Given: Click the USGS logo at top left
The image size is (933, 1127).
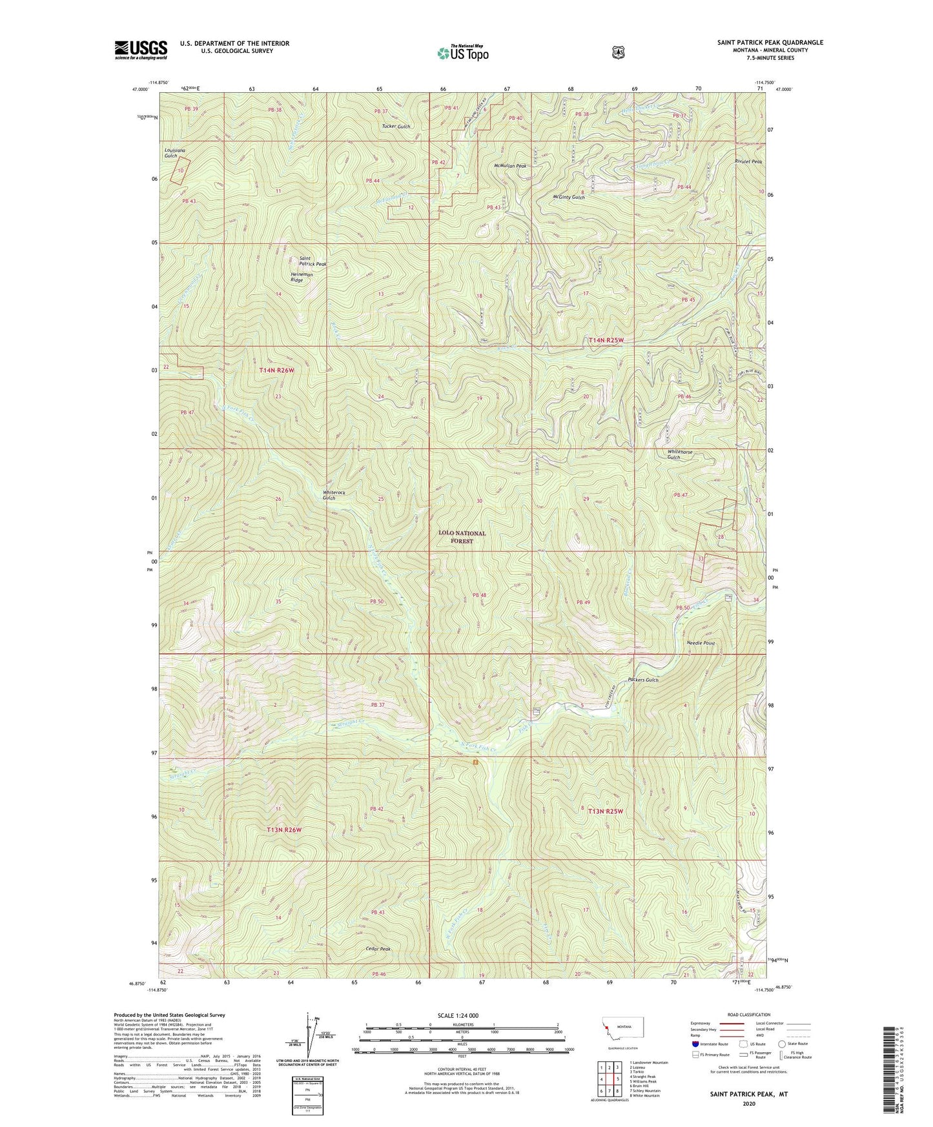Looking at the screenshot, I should (x=141, y=50).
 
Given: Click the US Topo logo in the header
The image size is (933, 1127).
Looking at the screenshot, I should (x=462, y=52).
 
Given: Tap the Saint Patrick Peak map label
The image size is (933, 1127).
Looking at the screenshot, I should (x=313, y=261).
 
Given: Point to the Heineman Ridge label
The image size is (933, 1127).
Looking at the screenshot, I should (x=302, y=278).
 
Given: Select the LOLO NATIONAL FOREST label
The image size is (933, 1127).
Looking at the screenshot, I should (x=462, y=537).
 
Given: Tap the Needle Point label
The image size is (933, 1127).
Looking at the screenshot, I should (x=701, y=644).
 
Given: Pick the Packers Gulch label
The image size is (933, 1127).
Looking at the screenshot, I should (x=642, y=680).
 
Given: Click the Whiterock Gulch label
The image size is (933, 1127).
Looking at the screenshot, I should (x=334, y=495).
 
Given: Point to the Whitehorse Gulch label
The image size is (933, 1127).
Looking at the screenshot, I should (x=680, y=455).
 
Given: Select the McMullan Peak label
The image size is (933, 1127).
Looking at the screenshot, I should (x=510, y=166).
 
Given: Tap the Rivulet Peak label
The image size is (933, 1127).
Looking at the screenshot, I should (x=748, y=161).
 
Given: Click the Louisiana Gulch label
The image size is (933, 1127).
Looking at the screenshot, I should (x=170, y=153).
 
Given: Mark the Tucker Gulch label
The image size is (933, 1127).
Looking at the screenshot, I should (x=396, y=127).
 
